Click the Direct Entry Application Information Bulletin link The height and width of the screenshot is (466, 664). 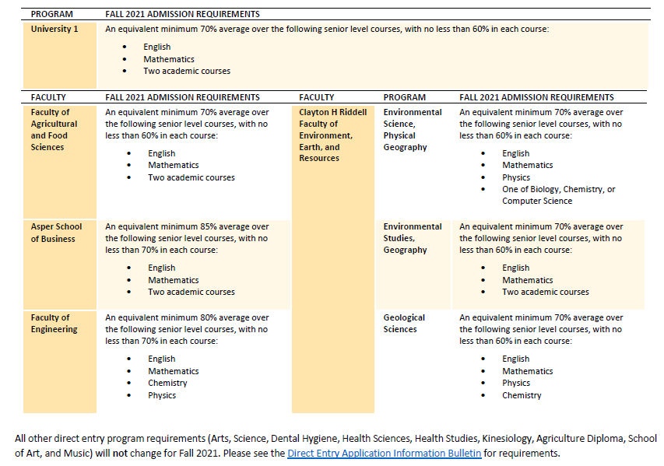[x=384, y=453]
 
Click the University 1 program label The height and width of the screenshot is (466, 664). [x=54, y=30]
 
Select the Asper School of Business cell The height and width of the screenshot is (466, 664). [x=56, y=233]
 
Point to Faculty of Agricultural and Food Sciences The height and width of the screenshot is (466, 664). [x=54, y=129]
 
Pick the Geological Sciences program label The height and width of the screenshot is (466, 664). [x=404, y=324]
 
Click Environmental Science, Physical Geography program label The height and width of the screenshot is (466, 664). [x=412, y=129]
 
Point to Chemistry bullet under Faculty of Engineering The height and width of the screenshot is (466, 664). [x=167, y=383]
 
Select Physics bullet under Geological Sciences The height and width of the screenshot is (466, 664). [x=516, y=383]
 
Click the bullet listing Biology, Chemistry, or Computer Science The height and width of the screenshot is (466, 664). [x=558, y=189]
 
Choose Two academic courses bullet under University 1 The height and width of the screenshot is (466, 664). [x=187, y=71]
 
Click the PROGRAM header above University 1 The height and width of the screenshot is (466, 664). [x=51, y=14]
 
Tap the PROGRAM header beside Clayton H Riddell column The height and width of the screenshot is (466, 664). [x=404, y=97]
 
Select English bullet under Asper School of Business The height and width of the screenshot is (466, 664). [x=162, y=268]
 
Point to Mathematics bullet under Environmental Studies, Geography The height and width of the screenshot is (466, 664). [x=527, y=280]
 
